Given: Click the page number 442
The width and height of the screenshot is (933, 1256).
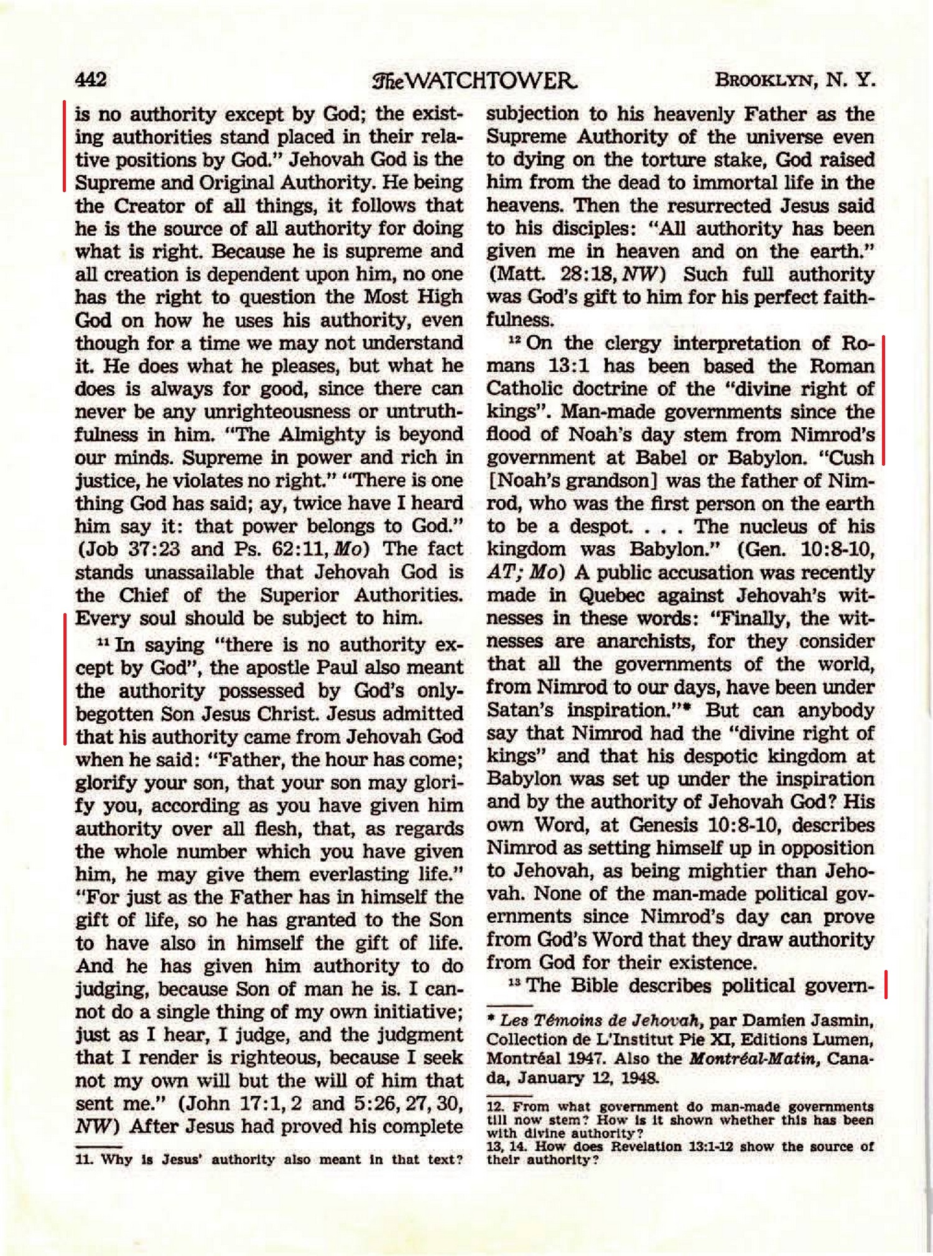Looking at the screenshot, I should pos(91,80).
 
